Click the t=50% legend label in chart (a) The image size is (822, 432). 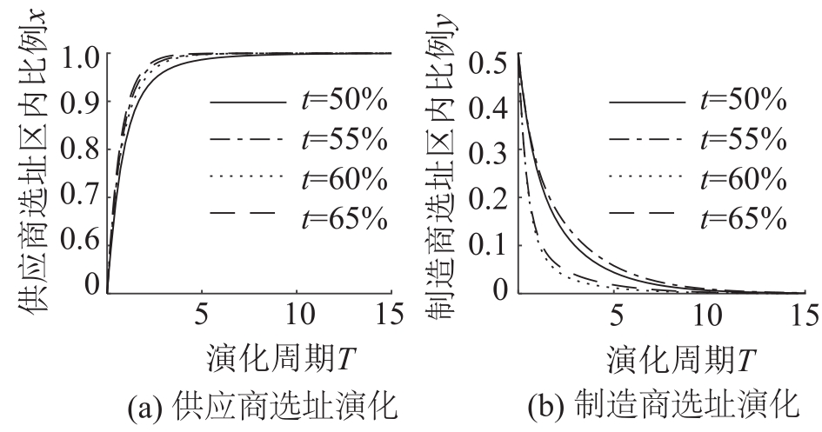click(x=344, y=103)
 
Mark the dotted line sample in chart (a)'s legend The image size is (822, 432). click(x=248, y=177)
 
